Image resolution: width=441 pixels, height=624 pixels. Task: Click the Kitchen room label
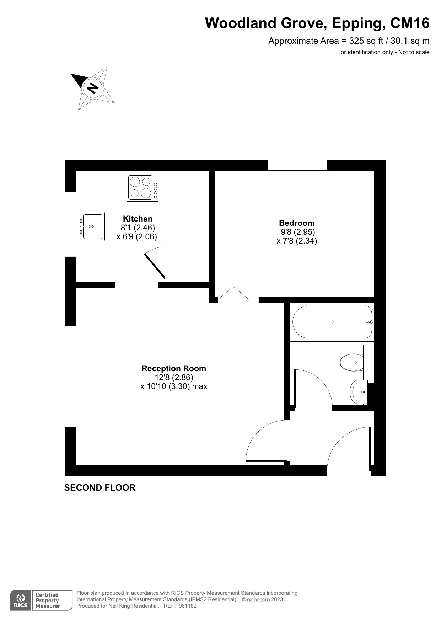[138, 219]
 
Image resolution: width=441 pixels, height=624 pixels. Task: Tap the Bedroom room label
[297, 223]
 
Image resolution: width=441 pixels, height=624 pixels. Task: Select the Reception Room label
[173, 368]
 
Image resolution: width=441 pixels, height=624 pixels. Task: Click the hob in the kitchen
[142, 187]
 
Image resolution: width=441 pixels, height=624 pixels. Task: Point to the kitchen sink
[91, 226]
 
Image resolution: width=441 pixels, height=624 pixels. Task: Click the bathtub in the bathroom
[332, 322]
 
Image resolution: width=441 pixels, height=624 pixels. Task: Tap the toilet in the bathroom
[352, 362]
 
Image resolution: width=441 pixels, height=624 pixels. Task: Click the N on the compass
[93, 87]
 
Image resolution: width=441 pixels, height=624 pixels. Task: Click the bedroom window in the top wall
[297, 165]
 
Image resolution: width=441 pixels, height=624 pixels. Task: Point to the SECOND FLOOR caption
[100, 487]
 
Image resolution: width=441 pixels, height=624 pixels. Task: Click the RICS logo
[21, 601]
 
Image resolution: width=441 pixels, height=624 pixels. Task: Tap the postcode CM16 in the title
[410, 23]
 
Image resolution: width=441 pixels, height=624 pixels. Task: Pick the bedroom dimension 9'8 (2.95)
[297, 232]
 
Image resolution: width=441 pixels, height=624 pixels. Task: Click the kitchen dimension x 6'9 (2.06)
[137, 236]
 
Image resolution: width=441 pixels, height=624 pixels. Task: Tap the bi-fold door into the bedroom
[233, 294]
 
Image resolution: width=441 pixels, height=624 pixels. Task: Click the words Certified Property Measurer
[48, 601]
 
